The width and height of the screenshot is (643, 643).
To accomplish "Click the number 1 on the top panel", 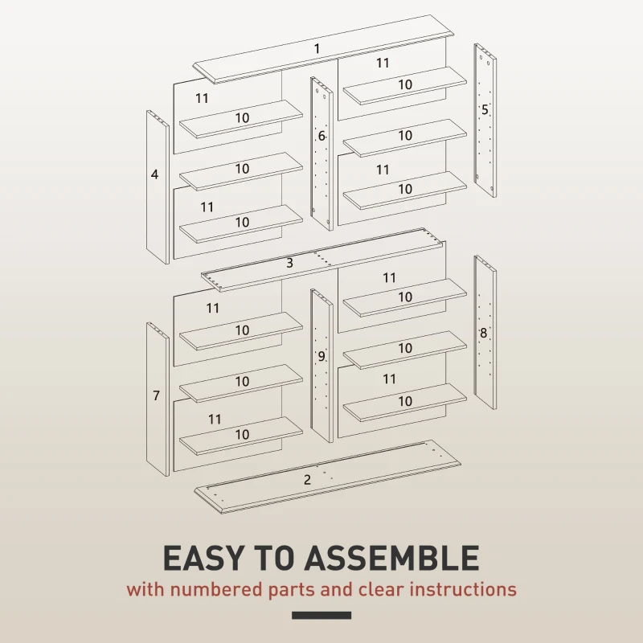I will click(317, 49).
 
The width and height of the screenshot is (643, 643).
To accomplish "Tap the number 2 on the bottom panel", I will click(307, 480).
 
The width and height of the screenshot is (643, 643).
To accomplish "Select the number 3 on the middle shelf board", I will click(289, 263).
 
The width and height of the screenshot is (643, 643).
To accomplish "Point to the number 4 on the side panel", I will click(154, 174).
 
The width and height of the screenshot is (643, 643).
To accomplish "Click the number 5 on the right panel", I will click(485, 109).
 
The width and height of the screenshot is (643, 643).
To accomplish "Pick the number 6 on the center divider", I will click(321, 137).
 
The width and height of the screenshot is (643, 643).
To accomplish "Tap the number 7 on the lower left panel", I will click(156, 395).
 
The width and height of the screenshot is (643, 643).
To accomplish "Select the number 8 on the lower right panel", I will click(483, 333).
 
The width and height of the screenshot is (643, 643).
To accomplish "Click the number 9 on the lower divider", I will click(321, 356).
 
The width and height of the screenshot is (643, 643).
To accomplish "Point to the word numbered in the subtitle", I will click(211, 589).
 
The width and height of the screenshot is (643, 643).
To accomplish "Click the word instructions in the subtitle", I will click(463, 589).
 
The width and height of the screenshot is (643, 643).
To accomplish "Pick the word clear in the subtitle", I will click(379, 589).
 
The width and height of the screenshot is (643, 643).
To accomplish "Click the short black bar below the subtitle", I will click(321, 616).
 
